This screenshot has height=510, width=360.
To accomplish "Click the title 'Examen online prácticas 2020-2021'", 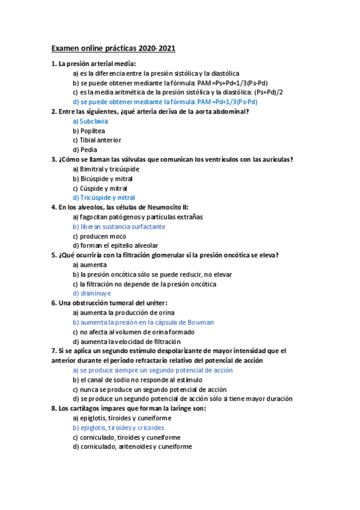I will click(x=114, y=48).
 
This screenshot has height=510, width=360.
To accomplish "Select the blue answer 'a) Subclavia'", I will click(x=90, y=121).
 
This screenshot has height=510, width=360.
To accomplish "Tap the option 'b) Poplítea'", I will click(x=89, y=131).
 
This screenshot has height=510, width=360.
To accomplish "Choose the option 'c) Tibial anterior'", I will click(x=97, y=140).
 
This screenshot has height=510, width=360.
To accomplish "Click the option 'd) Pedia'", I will click(x=85, y=150).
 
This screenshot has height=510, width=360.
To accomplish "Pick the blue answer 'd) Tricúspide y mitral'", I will click(x=104, y=197).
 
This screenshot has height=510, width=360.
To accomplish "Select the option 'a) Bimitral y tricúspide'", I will click(x=106, y=169).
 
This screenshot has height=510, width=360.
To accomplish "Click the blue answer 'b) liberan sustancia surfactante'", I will click(x=119, y=226).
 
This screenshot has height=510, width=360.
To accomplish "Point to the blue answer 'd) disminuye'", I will click(x=91, y=293).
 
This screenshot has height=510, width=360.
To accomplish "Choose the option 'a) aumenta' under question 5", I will click(x=90, y=265).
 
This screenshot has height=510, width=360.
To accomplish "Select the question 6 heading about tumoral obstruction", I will click(x=109, y=303).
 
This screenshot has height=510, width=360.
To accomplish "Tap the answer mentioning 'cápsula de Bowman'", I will click(x=143, y=322).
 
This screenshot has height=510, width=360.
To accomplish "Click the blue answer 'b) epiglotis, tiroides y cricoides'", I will click(x=118, y=428).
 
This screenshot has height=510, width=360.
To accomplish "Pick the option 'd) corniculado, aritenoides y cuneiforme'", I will click(x=132, y=447).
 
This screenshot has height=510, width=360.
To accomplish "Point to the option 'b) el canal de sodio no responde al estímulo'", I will click(x=138, y=379).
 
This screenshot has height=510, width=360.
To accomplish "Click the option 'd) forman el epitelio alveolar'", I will click(x=116, y=245).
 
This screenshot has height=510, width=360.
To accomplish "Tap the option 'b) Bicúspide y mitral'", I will click(x=103, y=179).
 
